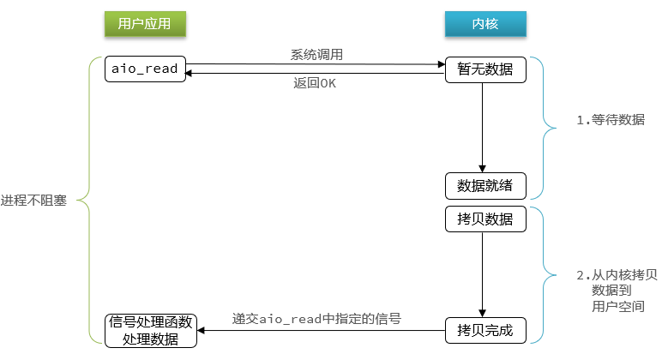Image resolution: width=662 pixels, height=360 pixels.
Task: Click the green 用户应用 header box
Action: coord(144,24)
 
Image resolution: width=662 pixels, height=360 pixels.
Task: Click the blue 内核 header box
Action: coord(484,24)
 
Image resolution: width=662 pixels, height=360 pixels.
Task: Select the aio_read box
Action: coord(145,69)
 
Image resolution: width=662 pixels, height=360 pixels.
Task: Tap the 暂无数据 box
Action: coord(484,69)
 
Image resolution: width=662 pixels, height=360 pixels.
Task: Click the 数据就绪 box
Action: coord(484,185)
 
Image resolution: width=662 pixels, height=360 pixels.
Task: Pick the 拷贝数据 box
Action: coord(484,219)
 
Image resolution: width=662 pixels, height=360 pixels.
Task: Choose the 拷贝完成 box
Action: coord(484,329)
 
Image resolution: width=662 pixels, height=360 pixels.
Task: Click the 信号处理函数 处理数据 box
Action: coord(151,330)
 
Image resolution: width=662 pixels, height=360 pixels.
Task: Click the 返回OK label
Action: coord(315,84)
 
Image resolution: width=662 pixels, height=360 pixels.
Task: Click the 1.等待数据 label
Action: coord(610,120)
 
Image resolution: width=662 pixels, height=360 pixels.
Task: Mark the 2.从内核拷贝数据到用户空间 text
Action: coord(616,291)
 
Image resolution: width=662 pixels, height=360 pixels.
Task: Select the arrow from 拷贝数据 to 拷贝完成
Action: coord(483,274)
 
